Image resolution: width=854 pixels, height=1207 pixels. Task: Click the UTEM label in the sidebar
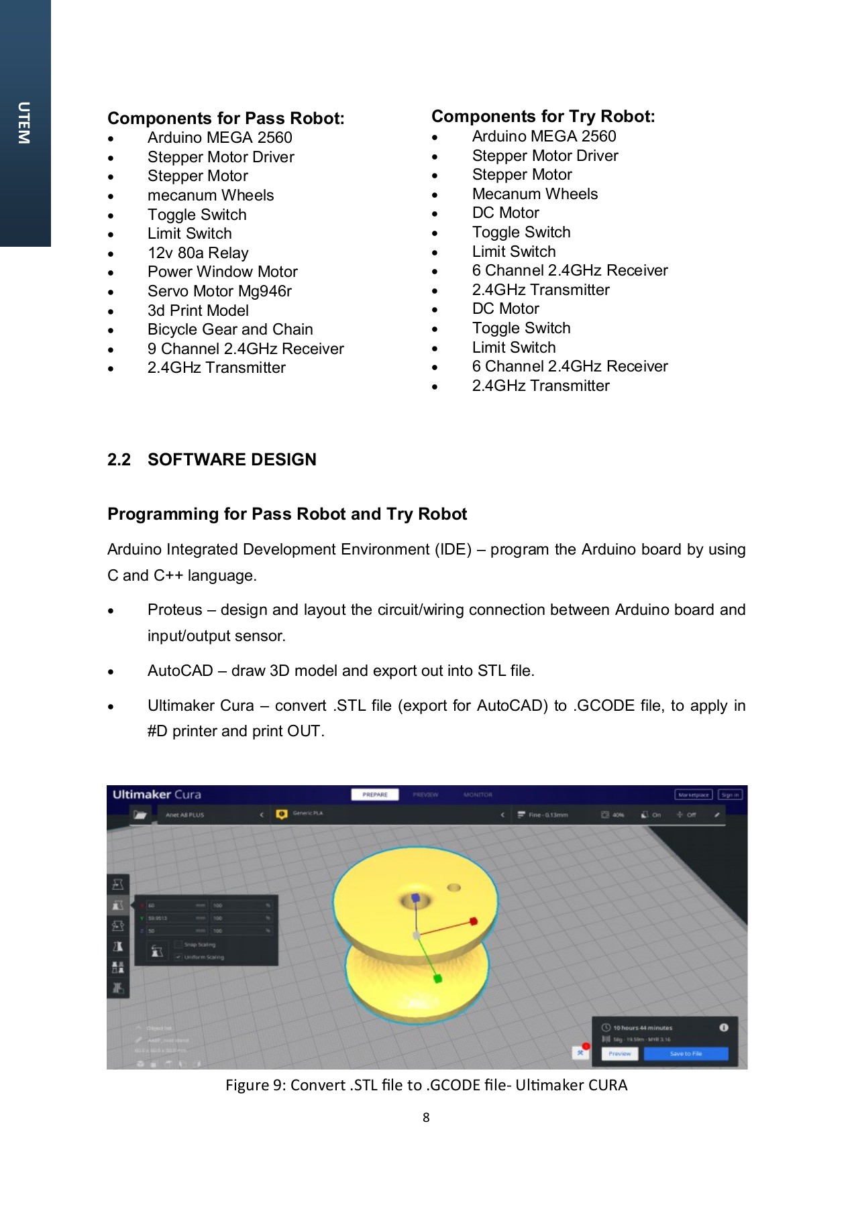pos(24,123)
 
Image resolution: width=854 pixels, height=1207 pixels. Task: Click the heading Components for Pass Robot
pos(225,119)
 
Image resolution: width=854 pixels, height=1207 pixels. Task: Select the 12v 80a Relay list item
pos(198,253)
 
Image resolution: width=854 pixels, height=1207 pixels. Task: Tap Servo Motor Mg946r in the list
pos(219,292)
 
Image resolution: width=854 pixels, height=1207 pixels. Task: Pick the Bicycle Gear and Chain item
pos(230,330)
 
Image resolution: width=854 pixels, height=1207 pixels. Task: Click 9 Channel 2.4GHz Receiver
pos(246,349)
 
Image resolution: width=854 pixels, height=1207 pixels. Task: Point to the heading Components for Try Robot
pos(543,117)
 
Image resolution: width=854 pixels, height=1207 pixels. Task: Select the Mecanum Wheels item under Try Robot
pos(535,194)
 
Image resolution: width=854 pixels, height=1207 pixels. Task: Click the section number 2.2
pos(119,460)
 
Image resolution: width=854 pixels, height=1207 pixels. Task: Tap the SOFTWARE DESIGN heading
pos(232,460)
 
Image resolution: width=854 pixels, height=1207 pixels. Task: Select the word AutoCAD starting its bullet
pos(180,671)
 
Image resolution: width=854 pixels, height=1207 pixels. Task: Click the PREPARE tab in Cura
pos(374,795)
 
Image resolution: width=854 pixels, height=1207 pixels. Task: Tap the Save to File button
pos(686,1053)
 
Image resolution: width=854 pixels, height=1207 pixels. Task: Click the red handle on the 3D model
pos(474,921)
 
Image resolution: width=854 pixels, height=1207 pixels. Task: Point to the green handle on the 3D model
pos(438,979)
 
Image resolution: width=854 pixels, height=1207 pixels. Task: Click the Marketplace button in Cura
pos(693,795)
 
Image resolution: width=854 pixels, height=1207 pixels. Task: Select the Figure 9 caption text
pos(426,1086)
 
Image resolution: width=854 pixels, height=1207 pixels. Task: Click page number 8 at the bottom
pos(426,1118)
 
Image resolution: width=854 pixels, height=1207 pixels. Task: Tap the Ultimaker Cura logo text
pos(156,795)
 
